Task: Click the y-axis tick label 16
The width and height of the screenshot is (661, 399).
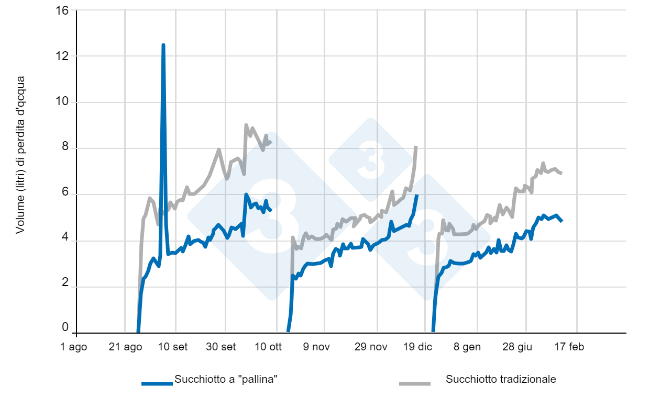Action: point(62,10)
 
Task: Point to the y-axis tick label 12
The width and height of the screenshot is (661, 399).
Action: point(62,56)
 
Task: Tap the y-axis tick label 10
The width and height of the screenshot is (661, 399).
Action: point(62,102)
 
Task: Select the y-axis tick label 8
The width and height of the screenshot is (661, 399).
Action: point(65,149)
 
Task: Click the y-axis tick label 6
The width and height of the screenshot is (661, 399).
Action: point(65,195)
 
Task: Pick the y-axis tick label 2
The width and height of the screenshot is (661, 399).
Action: point(65,283)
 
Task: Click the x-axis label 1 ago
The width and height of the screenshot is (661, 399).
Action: point(74,347)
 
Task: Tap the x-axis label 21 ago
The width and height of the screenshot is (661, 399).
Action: point(125,347)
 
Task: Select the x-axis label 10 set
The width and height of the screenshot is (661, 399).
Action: point(173,347)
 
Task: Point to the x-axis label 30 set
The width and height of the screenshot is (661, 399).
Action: point(221,347)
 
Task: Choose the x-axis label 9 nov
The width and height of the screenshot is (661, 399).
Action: point(316,347)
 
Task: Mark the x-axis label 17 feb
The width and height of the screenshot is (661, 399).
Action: point(569,347)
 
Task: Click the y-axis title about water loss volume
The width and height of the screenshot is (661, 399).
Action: point(20,155)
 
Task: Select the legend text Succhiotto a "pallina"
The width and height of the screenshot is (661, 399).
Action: point(226,379)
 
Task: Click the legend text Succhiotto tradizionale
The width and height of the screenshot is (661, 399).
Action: point(501,379)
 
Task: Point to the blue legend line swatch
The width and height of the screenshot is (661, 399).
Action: point(157,384)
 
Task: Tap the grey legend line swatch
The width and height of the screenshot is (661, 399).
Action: point(415,384)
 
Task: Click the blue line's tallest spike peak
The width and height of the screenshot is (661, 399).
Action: point(163,45)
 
